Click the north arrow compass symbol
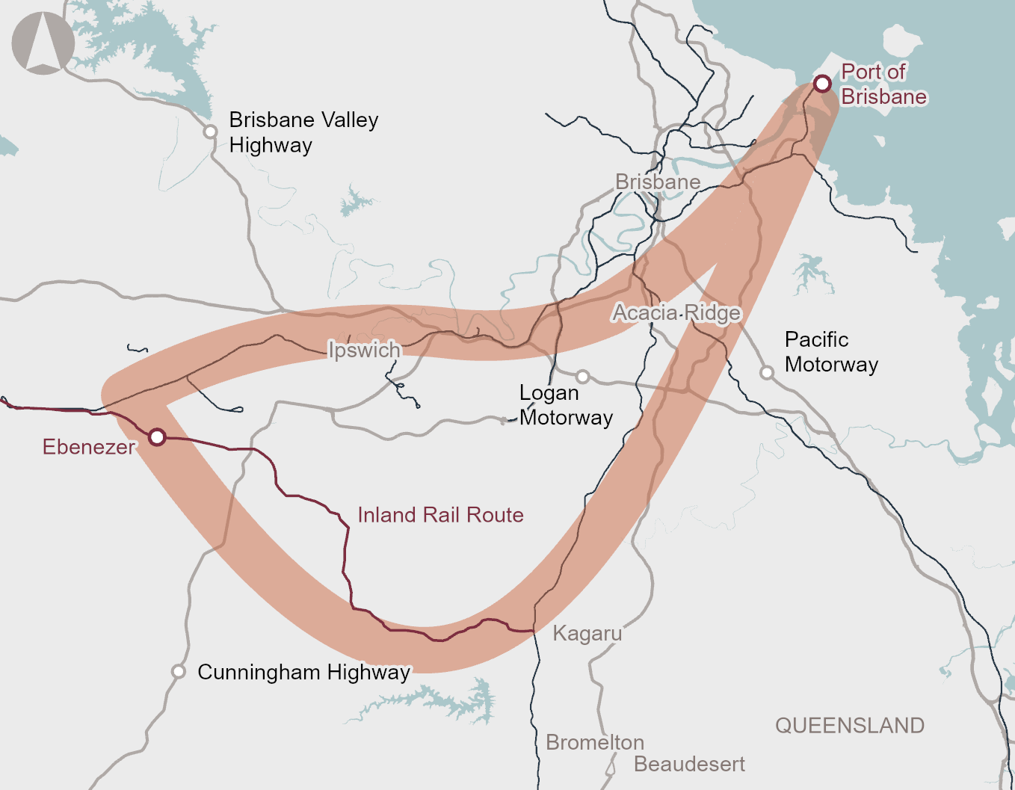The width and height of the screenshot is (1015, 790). pos(43,43)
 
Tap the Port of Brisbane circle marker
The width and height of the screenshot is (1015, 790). pos(822,84)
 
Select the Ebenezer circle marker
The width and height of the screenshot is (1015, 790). pos(157,436)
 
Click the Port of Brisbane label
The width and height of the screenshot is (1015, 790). pos(883,84)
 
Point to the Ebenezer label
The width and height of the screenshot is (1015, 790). pos(89,447)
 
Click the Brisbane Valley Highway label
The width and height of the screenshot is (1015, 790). pos(303,132)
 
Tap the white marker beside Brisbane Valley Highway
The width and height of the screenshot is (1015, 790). pos(211,132)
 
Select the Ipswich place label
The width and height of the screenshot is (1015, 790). pos(365,350)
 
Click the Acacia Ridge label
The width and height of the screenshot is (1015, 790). pos(676,312)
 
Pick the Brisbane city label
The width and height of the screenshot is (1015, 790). pos(658,182)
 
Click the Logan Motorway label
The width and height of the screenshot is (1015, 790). pos(566,405)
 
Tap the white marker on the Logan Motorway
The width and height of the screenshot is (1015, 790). pos(583,376)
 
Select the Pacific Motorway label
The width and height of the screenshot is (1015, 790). pos(831,352)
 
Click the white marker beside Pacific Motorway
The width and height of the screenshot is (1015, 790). pos(767,372)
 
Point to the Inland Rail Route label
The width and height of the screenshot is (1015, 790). pos(440,515)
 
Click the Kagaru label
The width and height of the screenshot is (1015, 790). pos(587,634)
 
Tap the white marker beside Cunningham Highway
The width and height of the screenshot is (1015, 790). pos(178,671)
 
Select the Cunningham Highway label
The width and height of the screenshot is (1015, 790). pos(303,672)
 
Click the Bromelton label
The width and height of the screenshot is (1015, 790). pos(595,742)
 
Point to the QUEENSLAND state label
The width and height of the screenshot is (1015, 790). pos(850,725)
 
